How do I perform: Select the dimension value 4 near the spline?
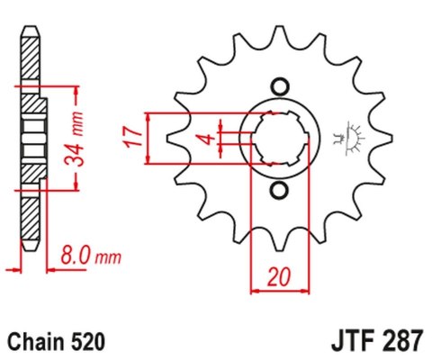[207, 139]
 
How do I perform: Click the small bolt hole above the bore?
[279, 86]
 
